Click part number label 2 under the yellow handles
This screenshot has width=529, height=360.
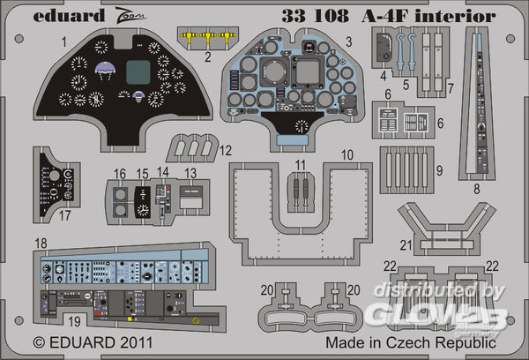click(208, 59)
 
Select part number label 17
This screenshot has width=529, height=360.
click(42, 214)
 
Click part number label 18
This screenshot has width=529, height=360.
click(41, 243)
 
